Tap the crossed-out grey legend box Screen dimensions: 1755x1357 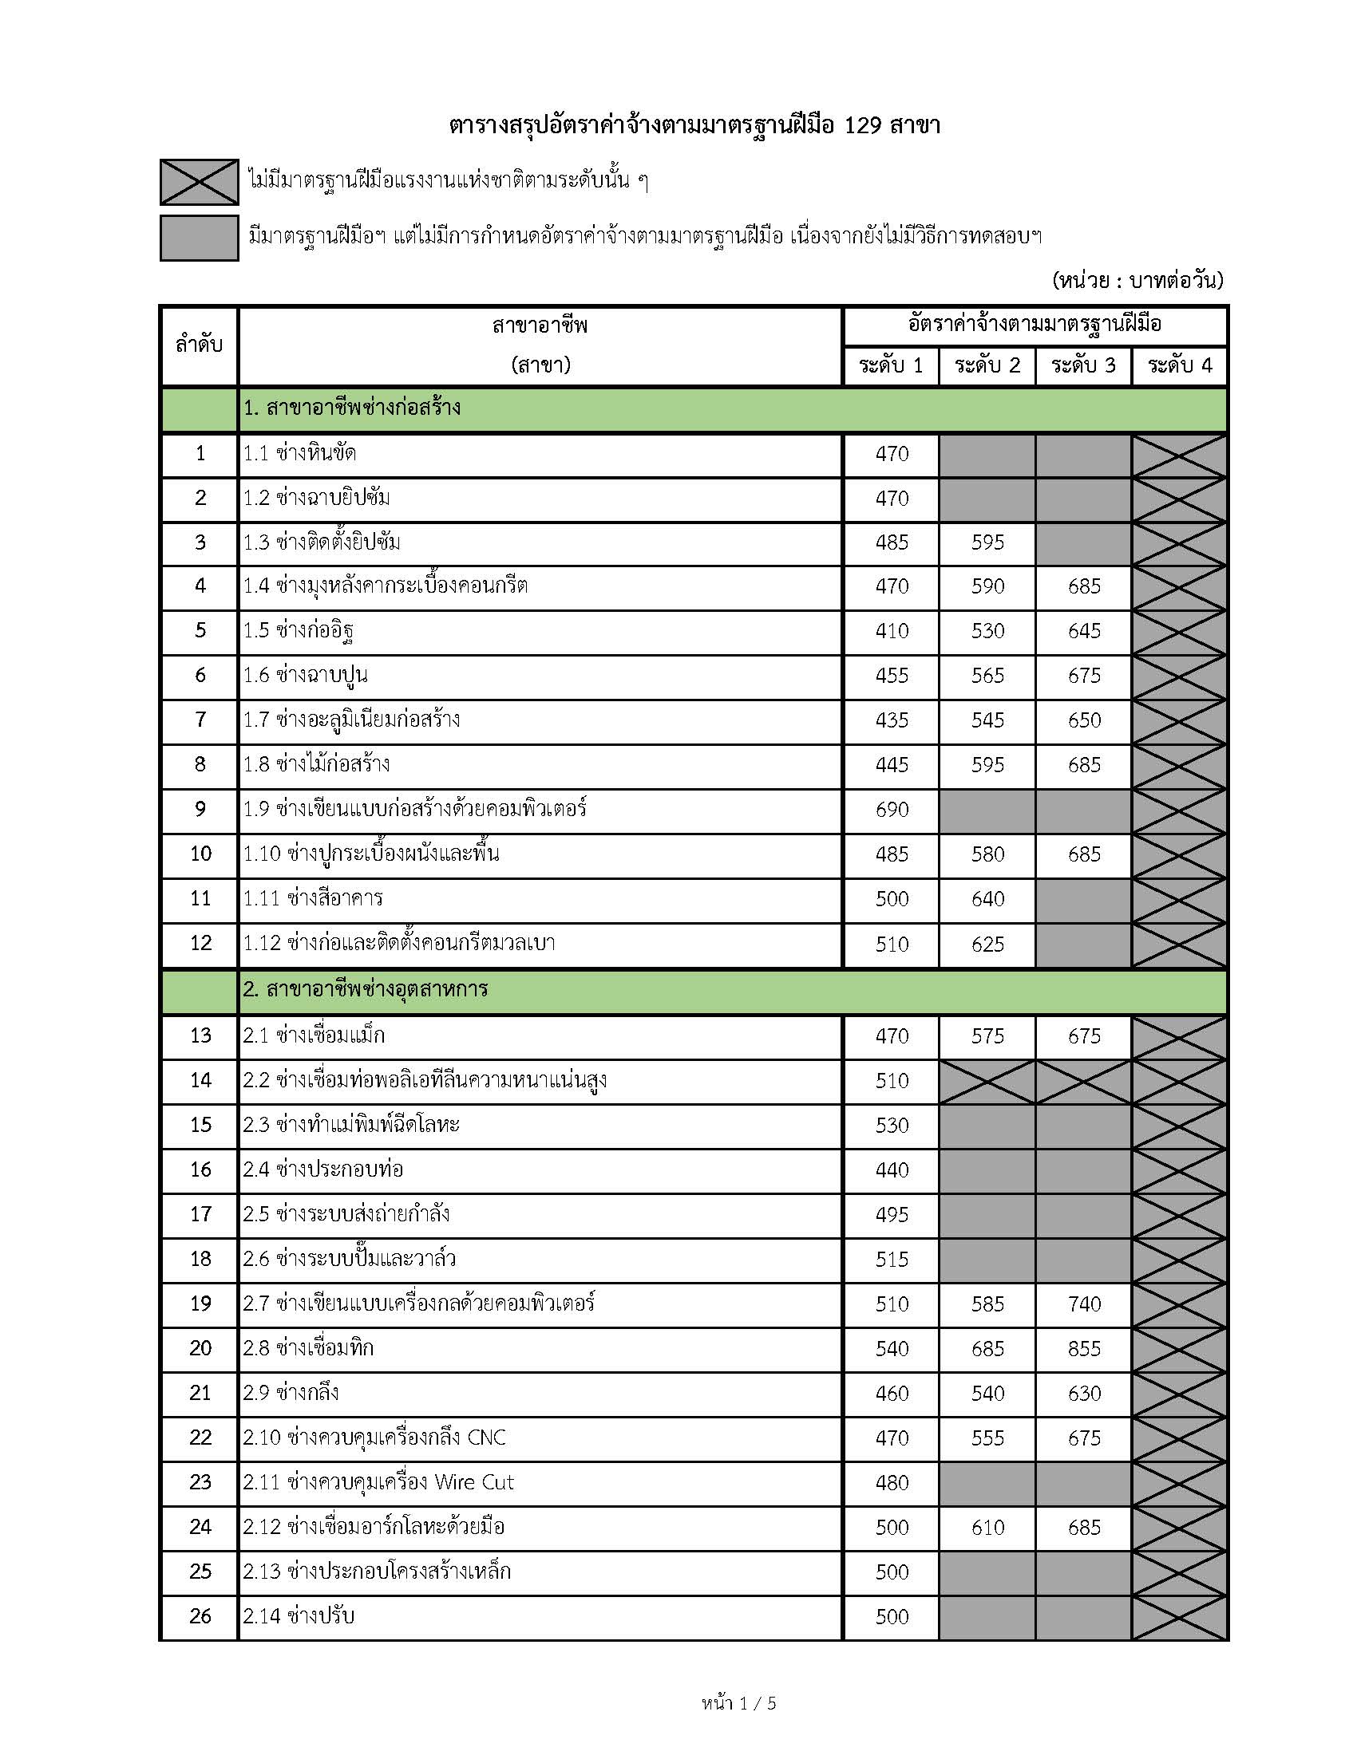point(199,182)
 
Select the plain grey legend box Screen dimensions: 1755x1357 point(199,238)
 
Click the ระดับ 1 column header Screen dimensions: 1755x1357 point(891,366)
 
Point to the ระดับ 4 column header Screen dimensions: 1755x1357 point(1179,366)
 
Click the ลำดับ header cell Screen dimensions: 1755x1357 point(199,345)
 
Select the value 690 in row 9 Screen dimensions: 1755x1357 point(892,810)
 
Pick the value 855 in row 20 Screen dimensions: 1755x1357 point(1084,1349)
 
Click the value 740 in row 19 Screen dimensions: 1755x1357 point(1084,1304)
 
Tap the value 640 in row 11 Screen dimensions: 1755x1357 point(987,899)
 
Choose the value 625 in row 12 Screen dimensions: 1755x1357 point(987,945)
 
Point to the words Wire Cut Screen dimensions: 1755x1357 point(474,1483)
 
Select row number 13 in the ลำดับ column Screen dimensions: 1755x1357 point(200,1035)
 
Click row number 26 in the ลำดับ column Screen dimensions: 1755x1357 point(200,1617)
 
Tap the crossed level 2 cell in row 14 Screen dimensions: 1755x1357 point(987,1082)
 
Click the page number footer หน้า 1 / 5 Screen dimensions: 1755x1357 point(739,1704)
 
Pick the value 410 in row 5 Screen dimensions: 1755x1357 point(892,631)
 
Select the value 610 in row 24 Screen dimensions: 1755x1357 point(987,1528)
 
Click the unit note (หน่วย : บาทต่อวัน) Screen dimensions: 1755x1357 point(1137,281)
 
